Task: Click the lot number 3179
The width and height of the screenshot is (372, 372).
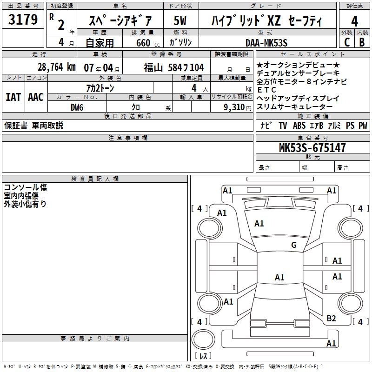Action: [x=23, y=20]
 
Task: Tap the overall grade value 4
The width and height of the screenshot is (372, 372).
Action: [x=354, y=21]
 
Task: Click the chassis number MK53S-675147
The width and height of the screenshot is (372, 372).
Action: [x=312, y=148]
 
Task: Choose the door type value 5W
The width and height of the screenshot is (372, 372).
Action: [x=180, y=21]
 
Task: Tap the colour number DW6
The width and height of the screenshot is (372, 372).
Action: [x=77, y=106]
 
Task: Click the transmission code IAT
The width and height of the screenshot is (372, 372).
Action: [x=13, y=97]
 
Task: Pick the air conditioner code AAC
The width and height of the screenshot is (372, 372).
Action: [x=35, y=97]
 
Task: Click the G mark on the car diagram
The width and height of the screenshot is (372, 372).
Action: [x=294, y=245]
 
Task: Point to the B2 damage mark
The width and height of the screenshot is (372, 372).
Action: [x=331, y=318]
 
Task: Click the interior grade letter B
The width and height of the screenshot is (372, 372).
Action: [x=362, y=42]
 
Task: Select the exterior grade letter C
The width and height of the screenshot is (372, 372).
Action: [x=346, y=42]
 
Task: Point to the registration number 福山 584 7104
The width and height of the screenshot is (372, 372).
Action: [x=173, y=68]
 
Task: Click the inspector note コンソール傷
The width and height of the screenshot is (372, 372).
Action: [x=26, y=187]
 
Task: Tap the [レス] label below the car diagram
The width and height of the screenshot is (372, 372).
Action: [x=203, y=357]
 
